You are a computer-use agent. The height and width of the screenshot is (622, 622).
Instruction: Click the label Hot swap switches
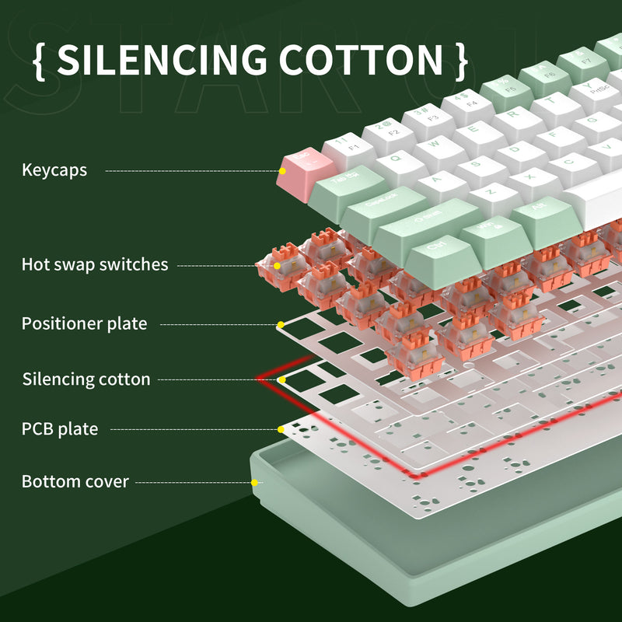pos(94,265)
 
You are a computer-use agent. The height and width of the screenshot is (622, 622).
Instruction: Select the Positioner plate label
pos(84,323)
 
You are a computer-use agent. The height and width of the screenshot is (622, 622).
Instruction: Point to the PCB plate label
pos(60,428)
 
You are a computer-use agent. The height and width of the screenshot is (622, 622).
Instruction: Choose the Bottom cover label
pos(75,481)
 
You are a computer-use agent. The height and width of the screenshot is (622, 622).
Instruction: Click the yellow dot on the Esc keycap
pos(283,170)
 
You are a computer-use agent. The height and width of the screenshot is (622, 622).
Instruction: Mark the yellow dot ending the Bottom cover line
pos(254,482)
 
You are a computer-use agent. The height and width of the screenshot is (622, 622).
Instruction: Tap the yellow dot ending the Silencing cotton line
pos(281,380)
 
